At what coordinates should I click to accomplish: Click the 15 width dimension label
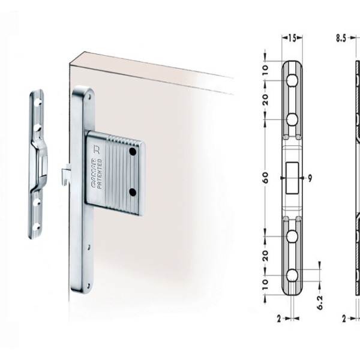[x=292, y=38]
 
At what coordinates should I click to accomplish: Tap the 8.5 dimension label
[x=341, y=38]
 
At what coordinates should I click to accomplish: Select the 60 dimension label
[x=265, y=178]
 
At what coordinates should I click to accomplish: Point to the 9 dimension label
[x=310, y=178]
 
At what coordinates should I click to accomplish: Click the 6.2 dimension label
[x=320, y=302]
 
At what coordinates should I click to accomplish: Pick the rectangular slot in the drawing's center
[x=292, y=178]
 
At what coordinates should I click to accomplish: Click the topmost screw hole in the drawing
[x=292, y=80]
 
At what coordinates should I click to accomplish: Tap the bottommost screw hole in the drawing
[x=292, y=275]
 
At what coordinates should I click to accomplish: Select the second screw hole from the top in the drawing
[x=292, y=119]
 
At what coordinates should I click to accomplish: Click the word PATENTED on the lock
[x=100, y=173]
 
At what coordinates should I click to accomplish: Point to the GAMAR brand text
[x=94, y=173]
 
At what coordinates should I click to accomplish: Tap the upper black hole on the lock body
[x=133, y=151]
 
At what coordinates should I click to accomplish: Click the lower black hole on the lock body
[x=133, y=192]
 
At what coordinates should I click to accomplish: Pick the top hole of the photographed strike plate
[x=40, y=102]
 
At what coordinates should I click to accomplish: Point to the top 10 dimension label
[x=265, y=68]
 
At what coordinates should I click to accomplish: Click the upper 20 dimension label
[x=265, y=100]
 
